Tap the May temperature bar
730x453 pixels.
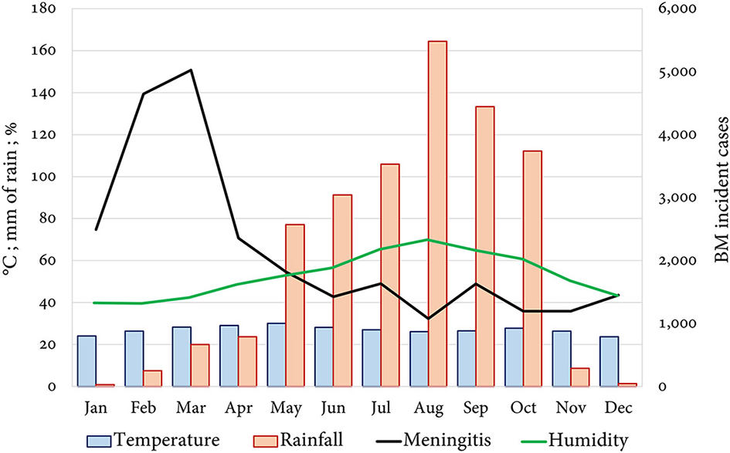(x=277, y=355)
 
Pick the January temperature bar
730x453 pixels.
(x=87, y=361)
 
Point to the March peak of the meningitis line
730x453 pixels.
(x=191, y=70)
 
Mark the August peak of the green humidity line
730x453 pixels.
(x=428, y=239)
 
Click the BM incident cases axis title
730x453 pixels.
(x=720, y=198)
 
